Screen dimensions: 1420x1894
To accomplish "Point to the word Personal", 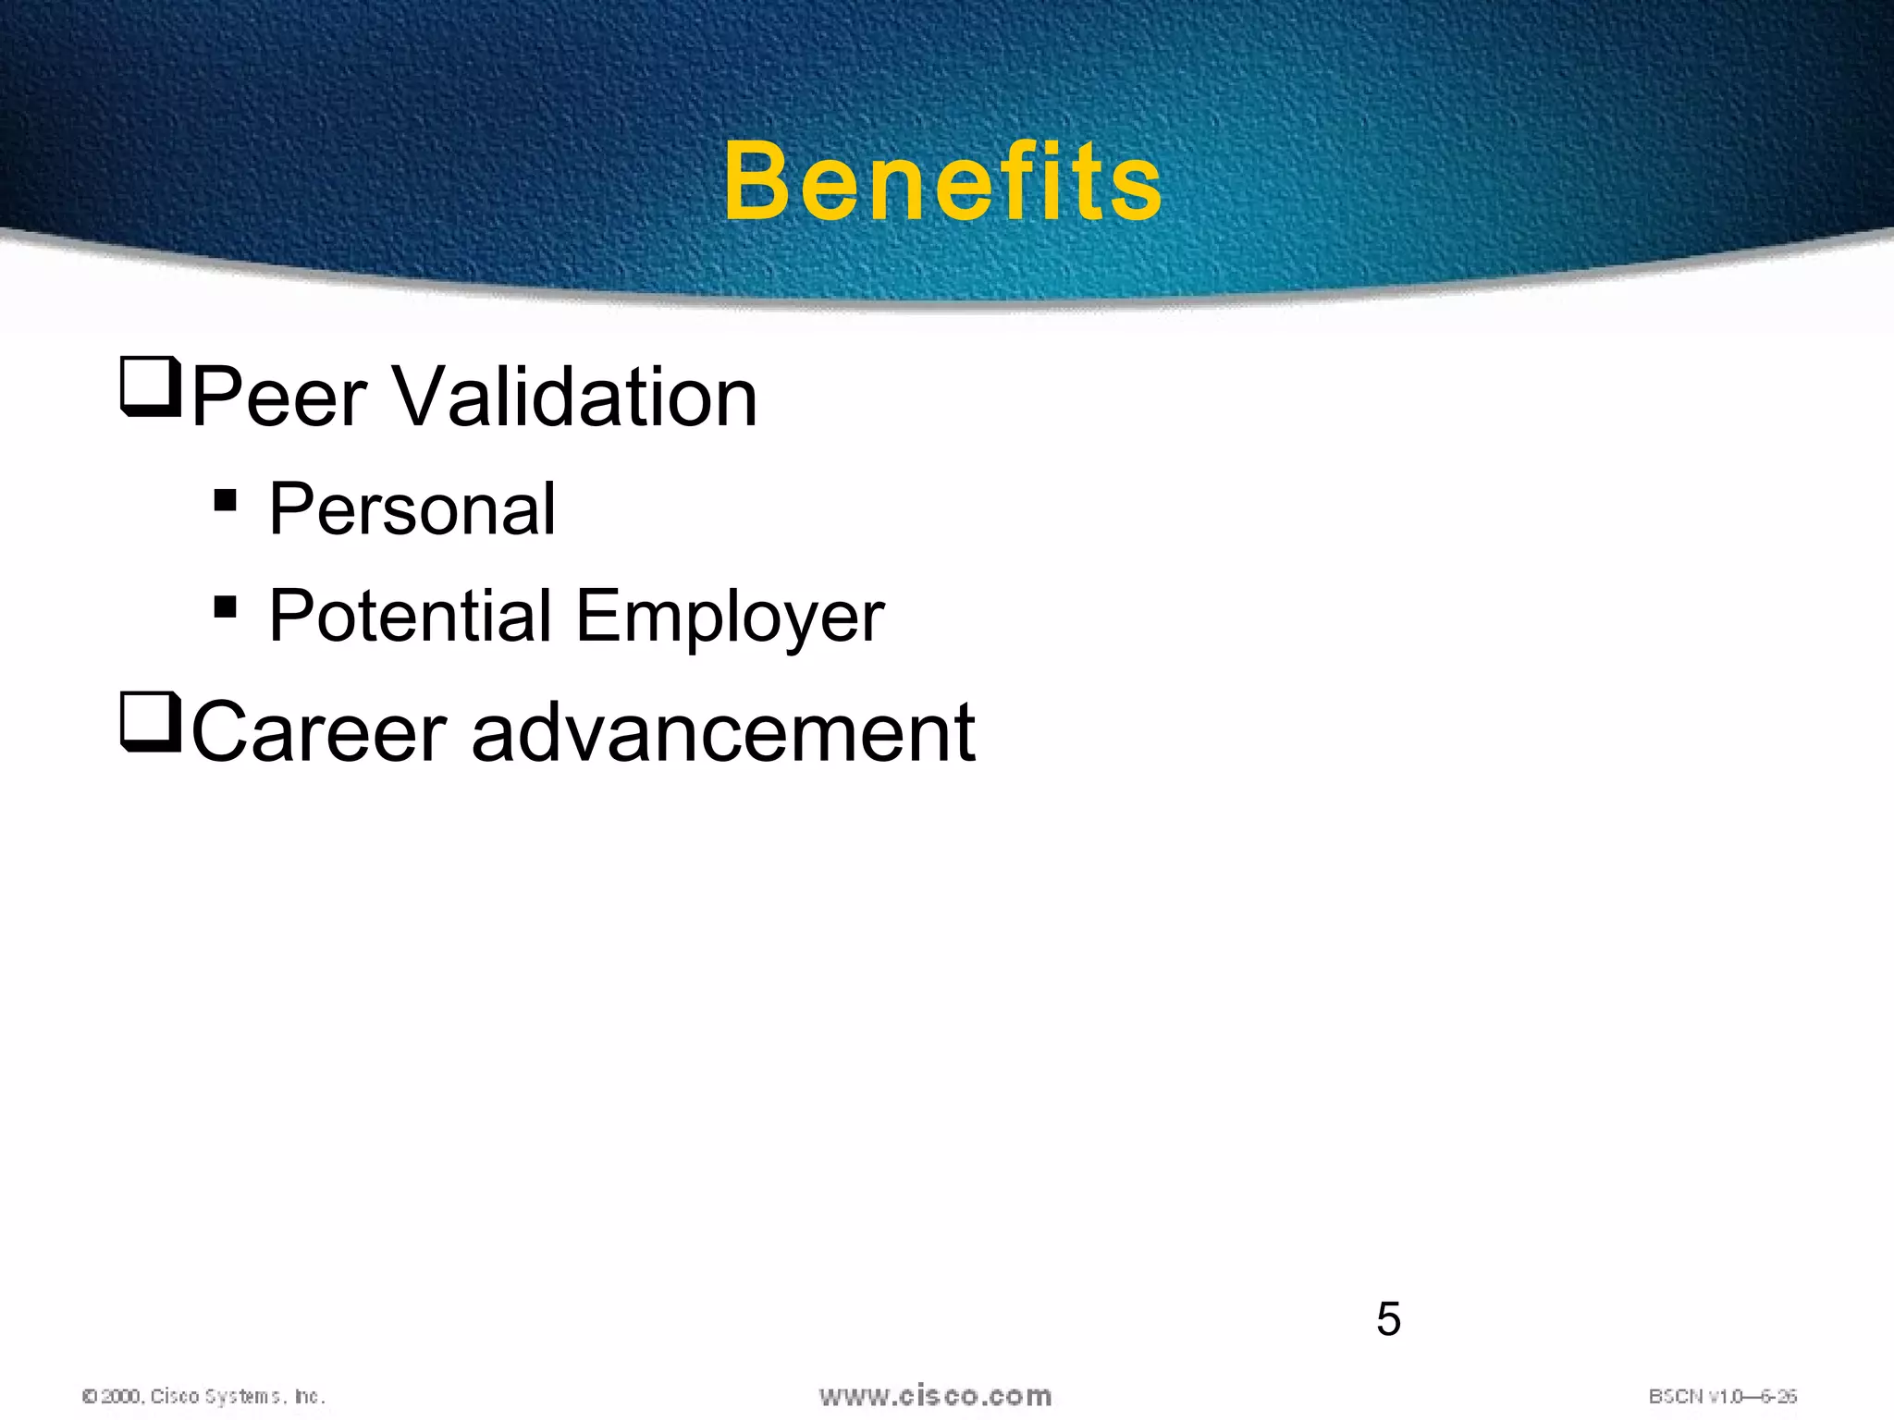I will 412,509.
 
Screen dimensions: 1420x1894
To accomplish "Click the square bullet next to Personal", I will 225,501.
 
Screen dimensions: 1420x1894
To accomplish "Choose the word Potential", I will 410,616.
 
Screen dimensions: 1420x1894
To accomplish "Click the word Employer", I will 730,618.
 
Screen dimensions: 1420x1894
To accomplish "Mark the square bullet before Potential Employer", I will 225,607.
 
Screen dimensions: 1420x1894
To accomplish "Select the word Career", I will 320,732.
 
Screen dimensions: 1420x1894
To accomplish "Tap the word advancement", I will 723,732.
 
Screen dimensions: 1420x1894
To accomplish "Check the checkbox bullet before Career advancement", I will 151,721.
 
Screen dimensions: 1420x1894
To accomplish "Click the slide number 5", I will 1388,1318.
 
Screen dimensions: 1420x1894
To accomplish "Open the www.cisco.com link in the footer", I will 935,1395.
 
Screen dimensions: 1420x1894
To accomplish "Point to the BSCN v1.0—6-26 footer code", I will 1722,1396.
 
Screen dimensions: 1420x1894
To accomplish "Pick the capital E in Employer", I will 600,616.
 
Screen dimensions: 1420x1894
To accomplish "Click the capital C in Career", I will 226,732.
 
